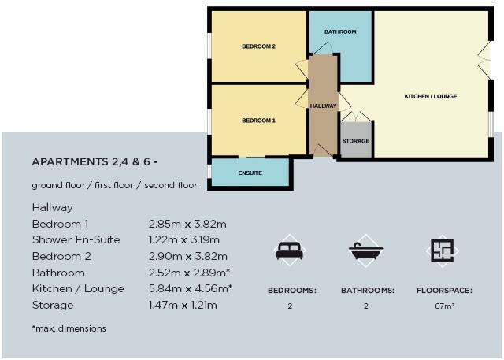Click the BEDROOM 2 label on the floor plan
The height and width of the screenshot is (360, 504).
point(258,46)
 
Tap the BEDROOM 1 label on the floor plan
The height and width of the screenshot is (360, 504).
point(258,121)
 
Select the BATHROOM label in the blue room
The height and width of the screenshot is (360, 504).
point(340,32)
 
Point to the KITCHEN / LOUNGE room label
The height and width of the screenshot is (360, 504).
point(431,97)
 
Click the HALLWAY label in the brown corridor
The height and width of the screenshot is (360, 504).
point(323,106)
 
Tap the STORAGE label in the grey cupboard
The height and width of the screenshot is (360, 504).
point(355,142)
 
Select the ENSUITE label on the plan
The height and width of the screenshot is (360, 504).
point(250,173)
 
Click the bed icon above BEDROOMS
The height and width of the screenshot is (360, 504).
point(291,251)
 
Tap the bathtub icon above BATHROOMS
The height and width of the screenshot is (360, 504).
point(366,251)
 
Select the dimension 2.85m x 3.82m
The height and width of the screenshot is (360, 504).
point(187,224)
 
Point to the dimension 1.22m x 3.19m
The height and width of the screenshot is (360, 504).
point(183,240)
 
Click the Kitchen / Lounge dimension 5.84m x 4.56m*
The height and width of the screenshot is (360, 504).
point(190,289)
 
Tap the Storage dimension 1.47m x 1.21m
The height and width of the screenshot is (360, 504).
point(183,305)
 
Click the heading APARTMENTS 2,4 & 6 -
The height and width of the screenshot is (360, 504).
point(95,161)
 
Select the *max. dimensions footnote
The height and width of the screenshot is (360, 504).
point(69,328)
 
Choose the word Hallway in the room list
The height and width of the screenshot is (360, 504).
point(52,208)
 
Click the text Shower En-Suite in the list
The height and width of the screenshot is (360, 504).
point(76,240)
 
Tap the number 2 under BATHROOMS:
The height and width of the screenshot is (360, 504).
point(366,305)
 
